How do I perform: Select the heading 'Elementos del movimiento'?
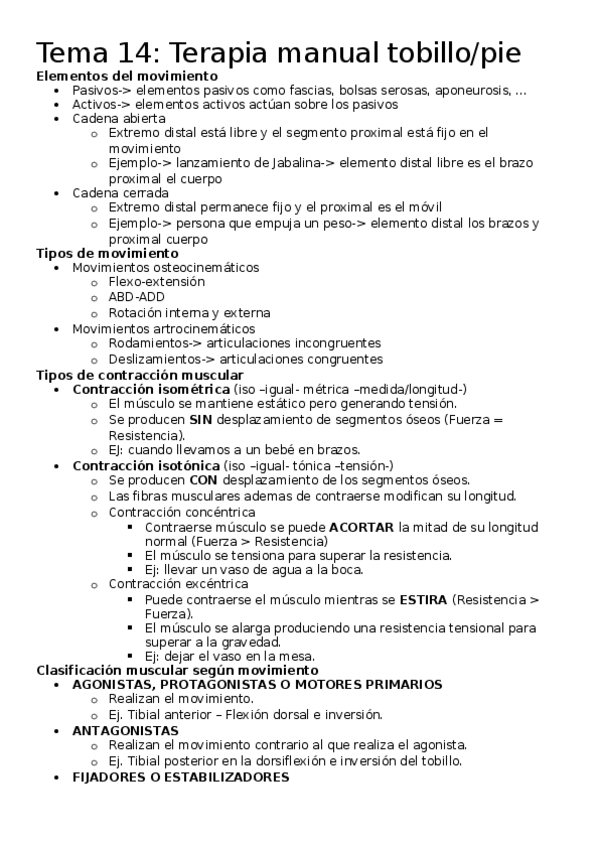127,76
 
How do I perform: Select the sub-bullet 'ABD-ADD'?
137,297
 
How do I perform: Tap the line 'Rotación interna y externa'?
189,312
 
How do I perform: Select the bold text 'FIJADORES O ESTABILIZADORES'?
181,776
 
